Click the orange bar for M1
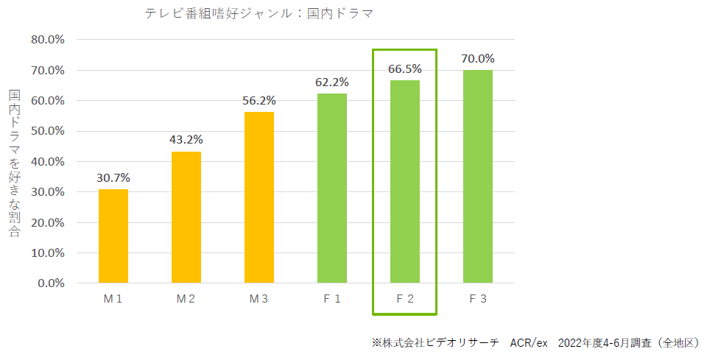pyautogui.click(x=113, y=236)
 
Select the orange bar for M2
pyautogui.click(x=186, y=217)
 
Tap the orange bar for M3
pyautogui.click(x=258, y=197)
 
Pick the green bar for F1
pyautogui.click(x=332, y=188)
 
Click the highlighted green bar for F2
pyautogui.click(x=405, y=182)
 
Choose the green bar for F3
pyautogui.click(x=478, y=177)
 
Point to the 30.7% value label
pyautogui.click(x=113, y=177)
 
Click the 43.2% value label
pyautogui.click(x=186, y=139)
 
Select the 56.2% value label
pyautogui.click(x=258, y=100)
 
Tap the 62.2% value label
pyautogui.click(x=332, y=82)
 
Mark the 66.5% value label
pyautogui.click(x=405, y=68)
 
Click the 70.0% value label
pyautogui.click(x=478, y=58)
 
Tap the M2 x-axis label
pyautogui.click(x=186, y=300)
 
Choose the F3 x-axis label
pyautogui.click(x=478, y=300)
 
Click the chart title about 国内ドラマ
pyautogui.click(x=258, y=13)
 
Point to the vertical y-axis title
pyautogui.click(x=15, y=163)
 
